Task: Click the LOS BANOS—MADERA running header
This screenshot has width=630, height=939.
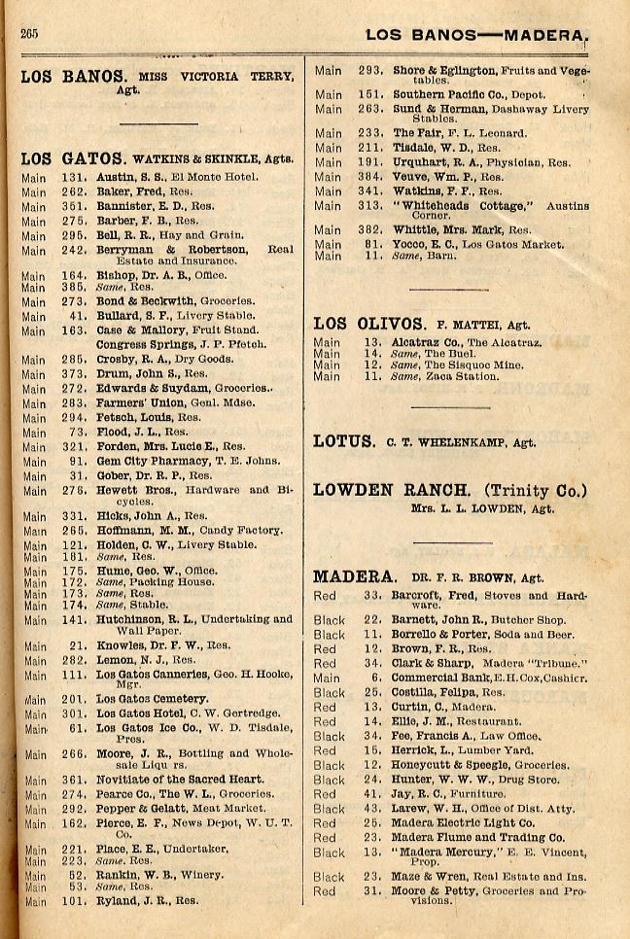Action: [x=476, y=35]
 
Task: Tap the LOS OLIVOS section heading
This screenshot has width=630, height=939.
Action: [x=368, y=324]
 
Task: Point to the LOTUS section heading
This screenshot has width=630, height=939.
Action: [x=343, y=441]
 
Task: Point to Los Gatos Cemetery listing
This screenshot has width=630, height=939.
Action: [x=152, y=698]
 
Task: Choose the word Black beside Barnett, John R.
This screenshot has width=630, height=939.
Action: [x=330, y=619]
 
